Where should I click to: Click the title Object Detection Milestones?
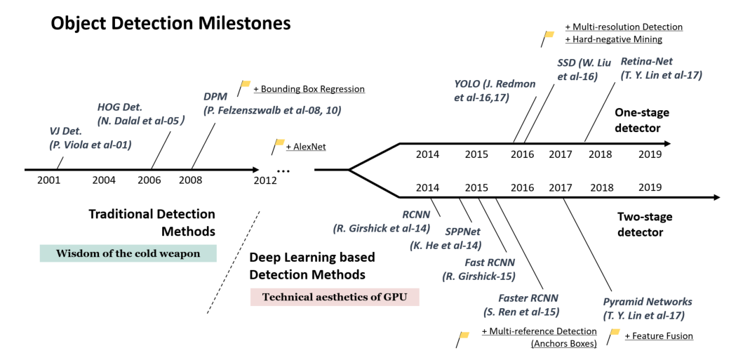(170, 24)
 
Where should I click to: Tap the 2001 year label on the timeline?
(49, 180)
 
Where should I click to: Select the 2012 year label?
(265, 180)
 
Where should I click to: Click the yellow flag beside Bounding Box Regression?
(245, 86)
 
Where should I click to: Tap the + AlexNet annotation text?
(306, 147)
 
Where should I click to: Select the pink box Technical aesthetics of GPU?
(334, 296)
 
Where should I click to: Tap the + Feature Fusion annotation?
(658, 336)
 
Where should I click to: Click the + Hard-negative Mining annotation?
(614, 39)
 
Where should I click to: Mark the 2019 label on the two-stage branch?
(650, 187)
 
